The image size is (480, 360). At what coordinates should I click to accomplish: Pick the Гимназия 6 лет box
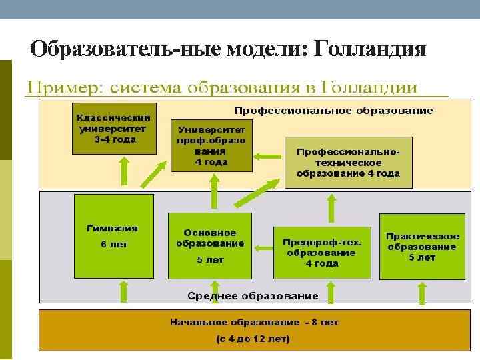pos(113,235)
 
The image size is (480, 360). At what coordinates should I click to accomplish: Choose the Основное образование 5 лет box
pos(210,245)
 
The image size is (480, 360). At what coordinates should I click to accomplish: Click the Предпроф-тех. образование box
pos(322,252)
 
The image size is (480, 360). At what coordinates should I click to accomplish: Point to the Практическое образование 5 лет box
pos(422,246)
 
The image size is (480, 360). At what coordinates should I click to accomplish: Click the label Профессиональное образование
pos(333,111)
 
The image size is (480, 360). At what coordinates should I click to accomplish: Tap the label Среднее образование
pos(253,295)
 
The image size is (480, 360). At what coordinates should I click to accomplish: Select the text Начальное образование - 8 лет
pos(254,322)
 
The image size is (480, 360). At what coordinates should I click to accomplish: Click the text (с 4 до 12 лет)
pos(253,339)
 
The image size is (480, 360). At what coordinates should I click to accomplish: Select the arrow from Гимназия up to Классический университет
pos(124,171)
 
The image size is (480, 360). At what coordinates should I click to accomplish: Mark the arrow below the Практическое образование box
pos(421,292)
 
